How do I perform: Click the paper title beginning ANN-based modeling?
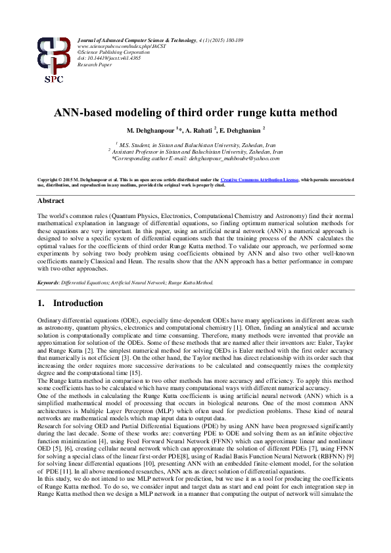point(195,112)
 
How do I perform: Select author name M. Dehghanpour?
point(151,130)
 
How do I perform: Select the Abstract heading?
point(51,200)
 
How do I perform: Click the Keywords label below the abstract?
point(49,282)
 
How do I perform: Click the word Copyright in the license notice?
point(49,179)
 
